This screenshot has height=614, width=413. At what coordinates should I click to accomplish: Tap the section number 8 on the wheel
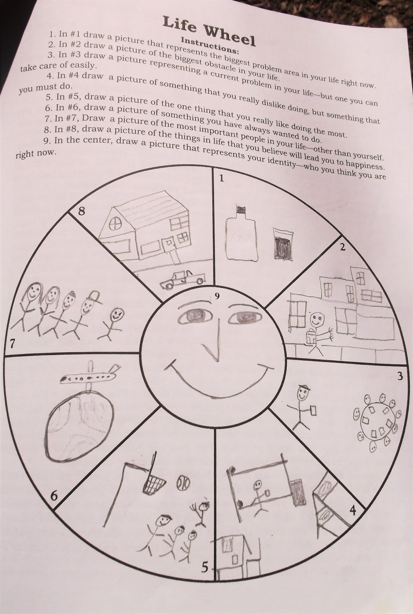81,211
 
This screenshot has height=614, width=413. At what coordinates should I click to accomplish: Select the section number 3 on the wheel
400,376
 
